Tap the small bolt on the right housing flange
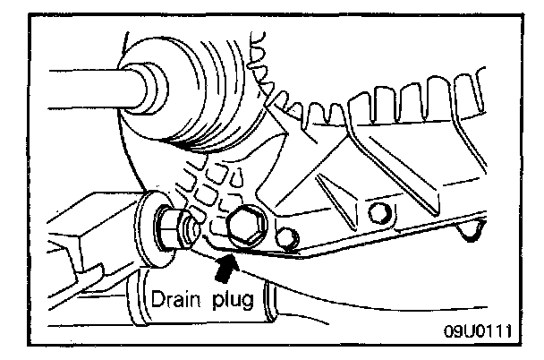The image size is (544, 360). [378, 211]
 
